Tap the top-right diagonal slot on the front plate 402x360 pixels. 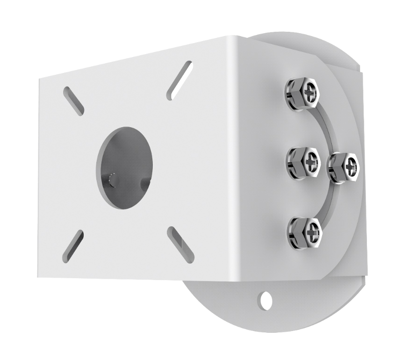pyautogui.click(x=179, y=80)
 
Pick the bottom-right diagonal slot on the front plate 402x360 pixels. pyautogui.click(x=180, y=245)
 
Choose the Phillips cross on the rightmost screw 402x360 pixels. pyautogui.click(x=351, y=165)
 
